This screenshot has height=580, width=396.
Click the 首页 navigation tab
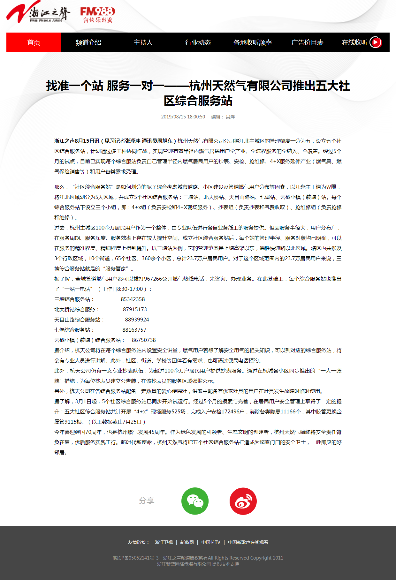pos(34,42)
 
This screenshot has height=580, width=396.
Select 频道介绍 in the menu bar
pos(88,42)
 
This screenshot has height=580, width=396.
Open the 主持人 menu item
pos(143,42)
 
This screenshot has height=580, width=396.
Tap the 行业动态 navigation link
pos(198,42)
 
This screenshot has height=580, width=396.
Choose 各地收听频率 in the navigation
pos(253,42)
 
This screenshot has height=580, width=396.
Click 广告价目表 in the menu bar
pos(307,42)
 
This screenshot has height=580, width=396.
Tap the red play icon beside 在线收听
pos(376,42)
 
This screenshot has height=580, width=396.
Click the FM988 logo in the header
pos(97,15)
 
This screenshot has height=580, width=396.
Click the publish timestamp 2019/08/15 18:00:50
pos(183,117)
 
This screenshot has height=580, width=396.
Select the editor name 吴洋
pos(230,117)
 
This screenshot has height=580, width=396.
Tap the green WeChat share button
pos(195,501)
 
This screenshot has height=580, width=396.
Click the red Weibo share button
pos(243,501)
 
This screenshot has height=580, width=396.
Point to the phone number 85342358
pos(133,299)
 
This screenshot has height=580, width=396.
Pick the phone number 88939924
pos(137,320)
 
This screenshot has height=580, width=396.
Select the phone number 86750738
pos(144,340)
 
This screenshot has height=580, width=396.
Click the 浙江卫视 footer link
pos(164,542)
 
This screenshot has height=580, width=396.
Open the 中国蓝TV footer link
pos(211,542)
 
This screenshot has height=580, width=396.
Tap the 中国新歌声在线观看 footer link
pos(248,542)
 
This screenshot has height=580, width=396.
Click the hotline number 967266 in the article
pos(153,279)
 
